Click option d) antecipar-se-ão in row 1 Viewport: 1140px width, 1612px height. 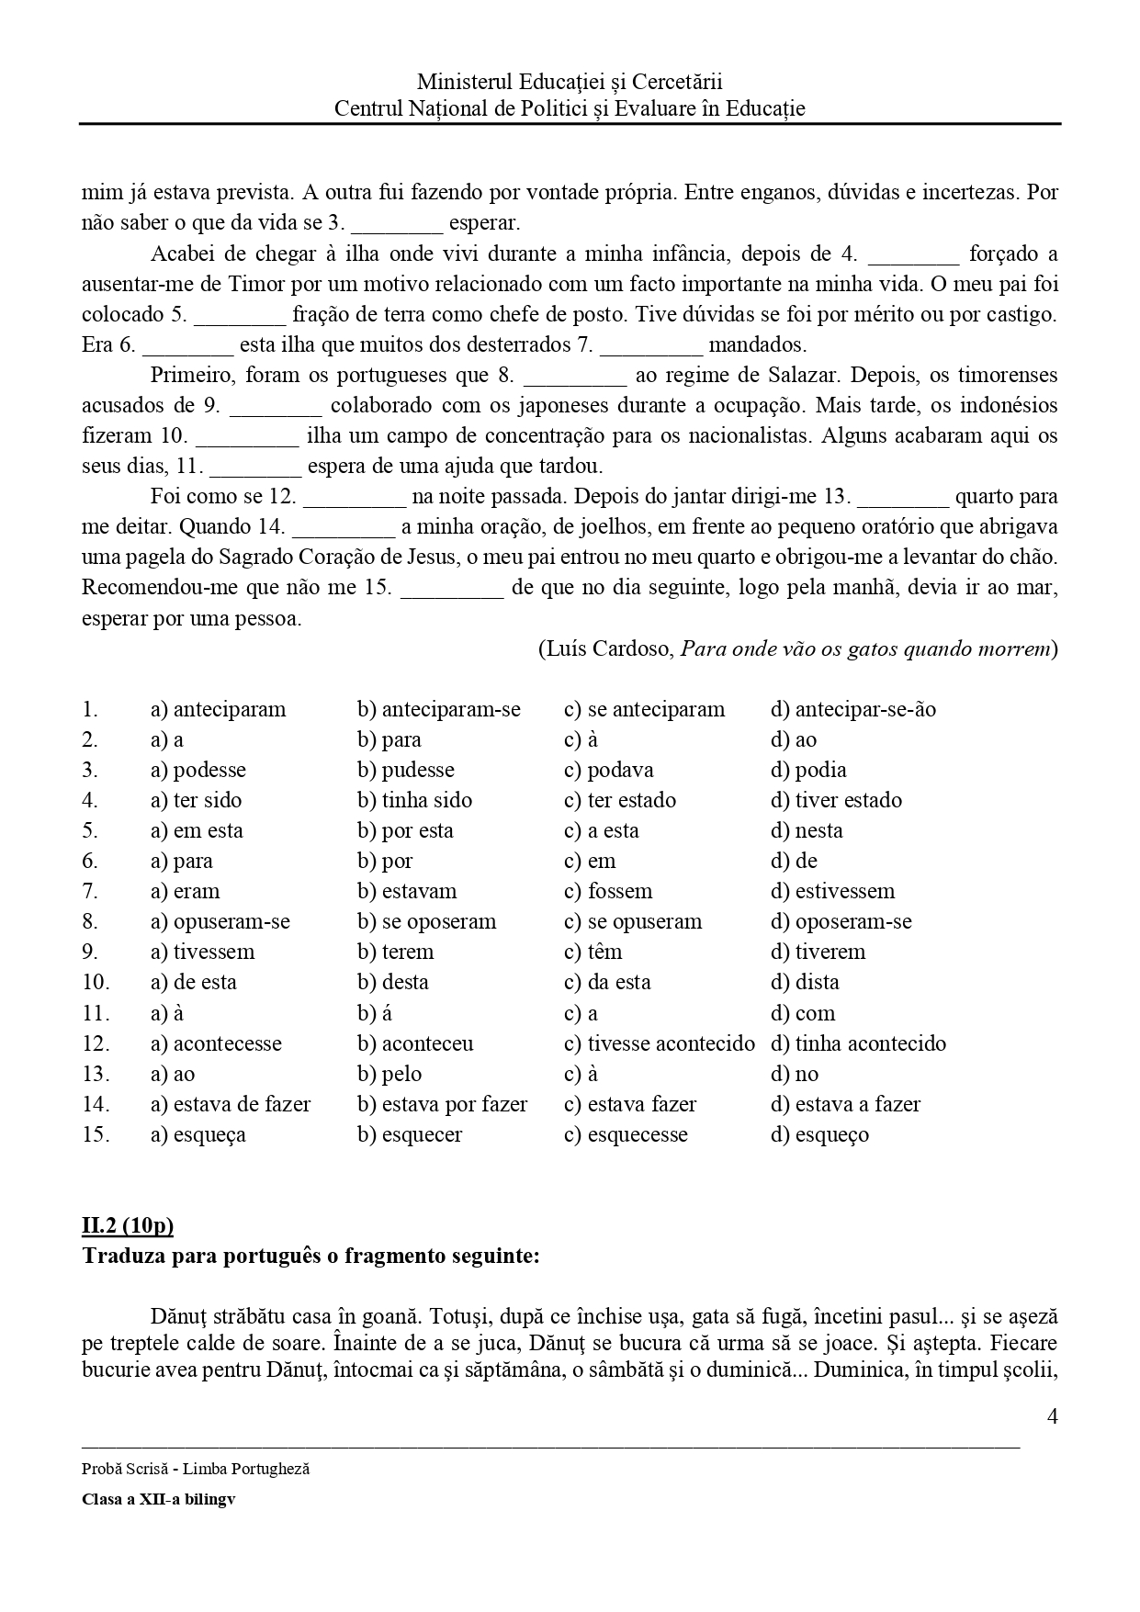click(852, 709)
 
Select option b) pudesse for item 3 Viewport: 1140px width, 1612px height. click(405, 770)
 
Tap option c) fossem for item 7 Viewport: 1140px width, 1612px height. click(607, 891)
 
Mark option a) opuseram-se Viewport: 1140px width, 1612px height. click(220, 921)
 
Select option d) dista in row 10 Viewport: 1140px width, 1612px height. click(804, 982)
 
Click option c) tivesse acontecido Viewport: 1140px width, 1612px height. click(659, 1043)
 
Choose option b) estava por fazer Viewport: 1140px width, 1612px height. click(442, 1104)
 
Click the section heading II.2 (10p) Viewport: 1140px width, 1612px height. click(128, 1225)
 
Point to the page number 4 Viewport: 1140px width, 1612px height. click(1052, 1416)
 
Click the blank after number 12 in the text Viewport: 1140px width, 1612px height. click(355, 497)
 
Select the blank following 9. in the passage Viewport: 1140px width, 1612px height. click(276, 406)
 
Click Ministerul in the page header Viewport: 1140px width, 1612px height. click(462, 82)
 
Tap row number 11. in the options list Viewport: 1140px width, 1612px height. click(96, 1013)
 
